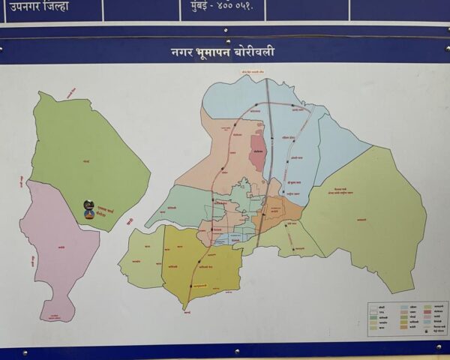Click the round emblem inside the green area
(89, 209)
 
